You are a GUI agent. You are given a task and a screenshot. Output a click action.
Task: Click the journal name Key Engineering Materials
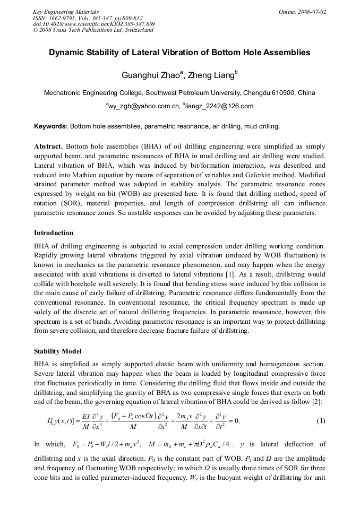pyautogui.click(x=65, y=12)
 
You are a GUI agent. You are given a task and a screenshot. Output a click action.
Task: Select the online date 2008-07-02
pyautogui.click(x=310, y=12)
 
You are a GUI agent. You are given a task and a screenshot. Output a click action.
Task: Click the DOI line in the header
pyautogui.click(x=93, y=24)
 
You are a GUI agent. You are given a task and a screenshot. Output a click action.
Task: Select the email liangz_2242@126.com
pyautogui.click(x=219, y=106)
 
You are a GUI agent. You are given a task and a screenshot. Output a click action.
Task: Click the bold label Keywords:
pyautogui.click(x=50, y=126)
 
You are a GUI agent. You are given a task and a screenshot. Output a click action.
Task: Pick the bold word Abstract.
pyautogui.click(x=48, y=146)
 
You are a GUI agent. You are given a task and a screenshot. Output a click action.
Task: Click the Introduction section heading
pyautogui.click(x=54, y=233)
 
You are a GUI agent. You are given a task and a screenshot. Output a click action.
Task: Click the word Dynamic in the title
pyautogui.click(x=67, y=53)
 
